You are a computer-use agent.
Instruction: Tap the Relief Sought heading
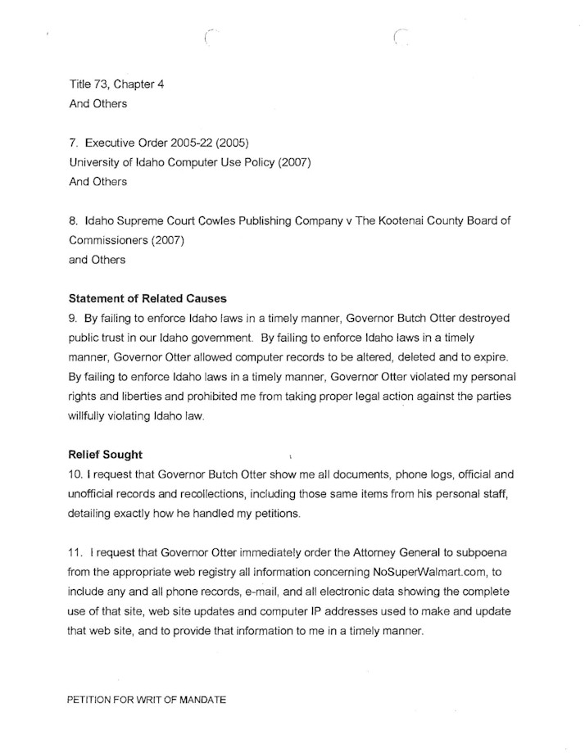coord(105,455)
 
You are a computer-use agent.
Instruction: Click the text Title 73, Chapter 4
coord(116,84)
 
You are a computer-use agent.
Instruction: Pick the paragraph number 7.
coord(73,143)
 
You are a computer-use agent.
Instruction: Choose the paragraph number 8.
coord(73,221)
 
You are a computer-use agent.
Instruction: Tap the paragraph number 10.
coord(76,474)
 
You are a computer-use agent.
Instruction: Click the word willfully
coord(93,416)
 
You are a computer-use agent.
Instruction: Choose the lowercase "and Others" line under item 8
coord(97,260)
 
